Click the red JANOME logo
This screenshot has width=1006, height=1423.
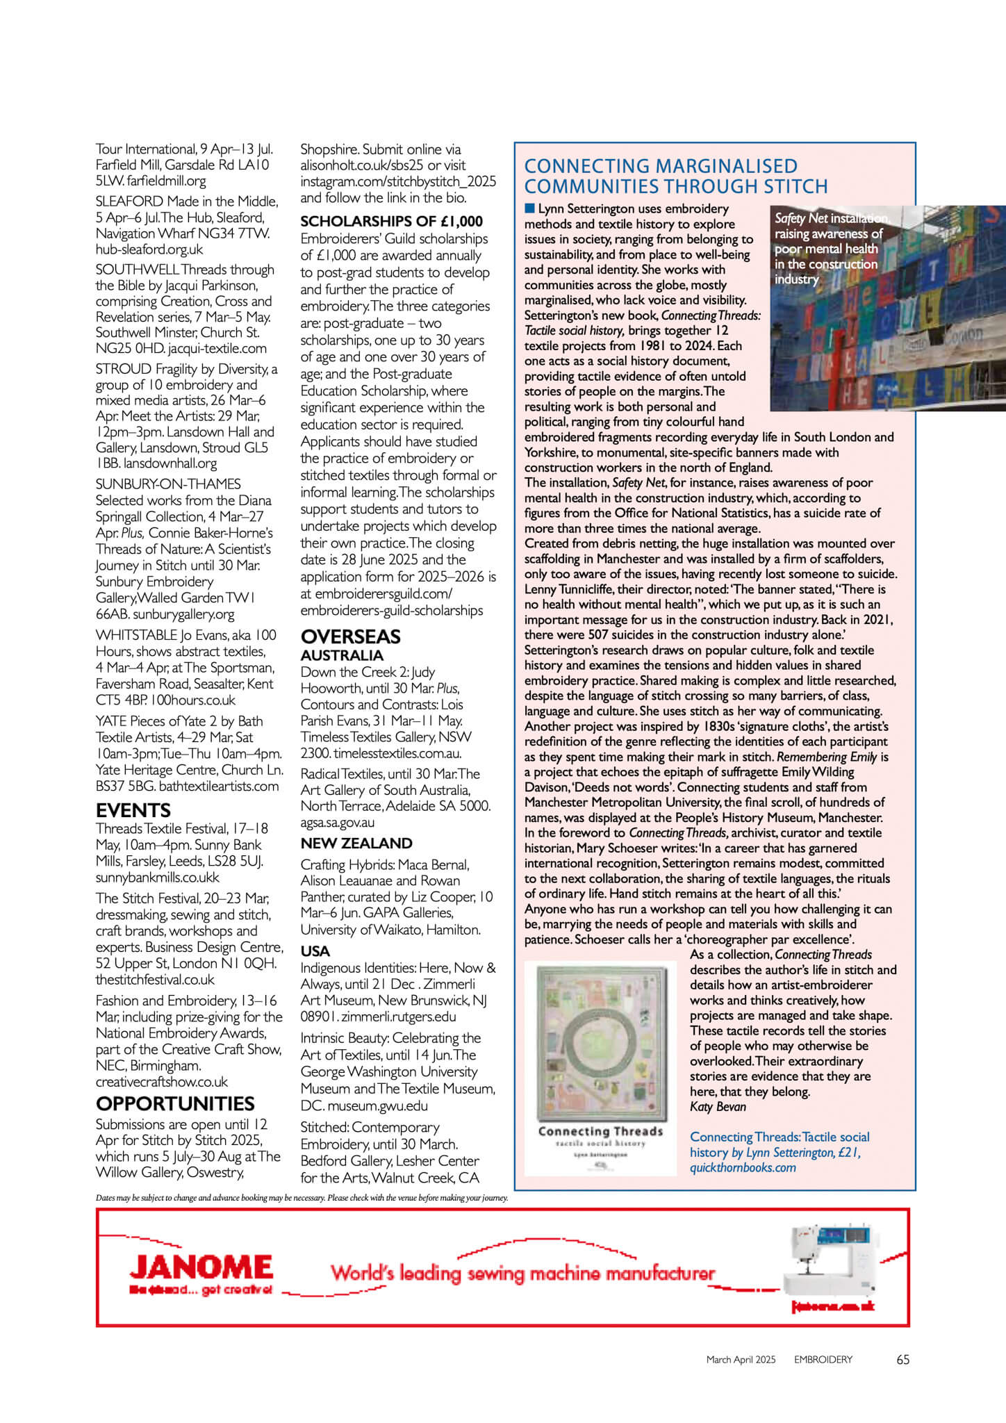pyautogui.click(x=201, y=1267)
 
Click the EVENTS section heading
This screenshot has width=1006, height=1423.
pyautogui.click(x=133, y=810)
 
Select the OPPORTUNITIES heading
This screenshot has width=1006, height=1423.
pyautogui.click(x=175, y=1103)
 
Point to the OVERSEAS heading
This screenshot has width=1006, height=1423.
pyautogui.click(x=350, y=636)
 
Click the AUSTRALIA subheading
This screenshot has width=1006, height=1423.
pyautogui.click(x=342, y=655)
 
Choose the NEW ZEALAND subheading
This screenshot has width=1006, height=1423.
pyautogui.click(x=356, y=844)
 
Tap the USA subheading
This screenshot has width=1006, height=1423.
pyautogui.click(x=315, y=951)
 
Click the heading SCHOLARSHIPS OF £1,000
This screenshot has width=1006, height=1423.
pyautogui.click(x=391, y=222)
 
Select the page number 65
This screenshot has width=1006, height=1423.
pyautogui.click(x=902, y=1360)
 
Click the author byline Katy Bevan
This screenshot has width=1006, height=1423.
pyautogui.click(x=718, y=1107)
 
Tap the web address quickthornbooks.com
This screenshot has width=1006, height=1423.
pyautogui.click(x=743, y=1167)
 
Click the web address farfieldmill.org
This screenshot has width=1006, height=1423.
pyautogui.click(x=167, y=181)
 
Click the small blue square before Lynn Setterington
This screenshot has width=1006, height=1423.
pyautogui.click(x=530, y=208)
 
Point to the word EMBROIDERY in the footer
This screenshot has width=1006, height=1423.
pyautogui.click(x=823, y=1360)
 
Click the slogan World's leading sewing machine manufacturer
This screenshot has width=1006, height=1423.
pyautogui.click(x=522, y=1274)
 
